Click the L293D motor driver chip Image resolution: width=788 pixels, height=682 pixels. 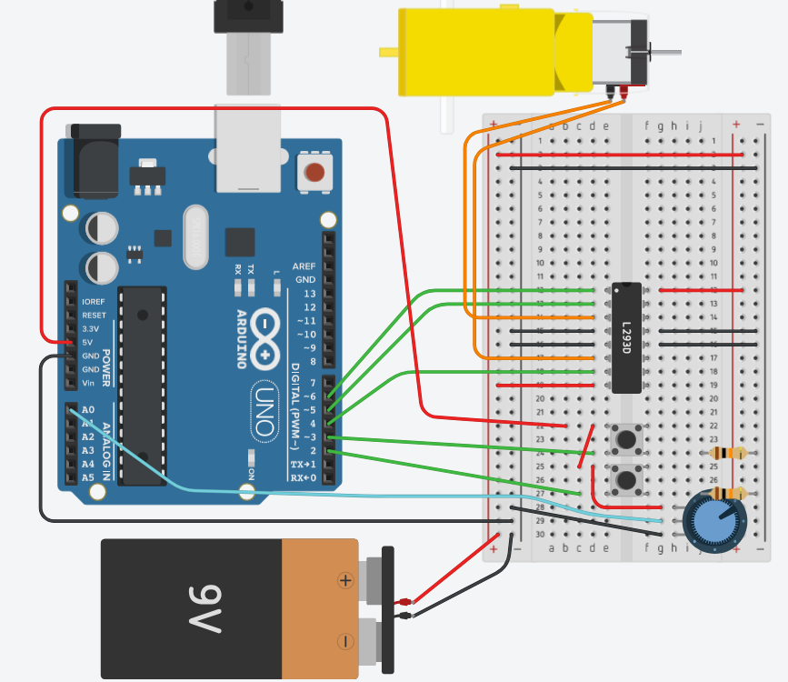pos(626,337)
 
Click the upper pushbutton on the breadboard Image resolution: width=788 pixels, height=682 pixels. pos(625,440)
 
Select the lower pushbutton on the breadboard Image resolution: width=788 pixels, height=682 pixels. pos(625,478)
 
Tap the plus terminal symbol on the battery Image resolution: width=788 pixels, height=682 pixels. pos(345,579)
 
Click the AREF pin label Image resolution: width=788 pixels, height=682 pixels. pos(304,266)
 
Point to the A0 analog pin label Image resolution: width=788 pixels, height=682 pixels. pos(88,410)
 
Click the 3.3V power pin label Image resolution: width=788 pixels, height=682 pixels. pos(92,328)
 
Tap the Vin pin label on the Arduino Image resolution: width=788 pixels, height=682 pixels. pos(88,383)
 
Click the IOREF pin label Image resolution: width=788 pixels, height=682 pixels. pos(94,301)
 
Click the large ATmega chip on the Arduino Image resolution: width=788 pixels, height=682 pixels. pos(143,382)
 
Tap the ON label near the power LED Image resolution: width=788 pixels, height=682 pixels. pos(252,473)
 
